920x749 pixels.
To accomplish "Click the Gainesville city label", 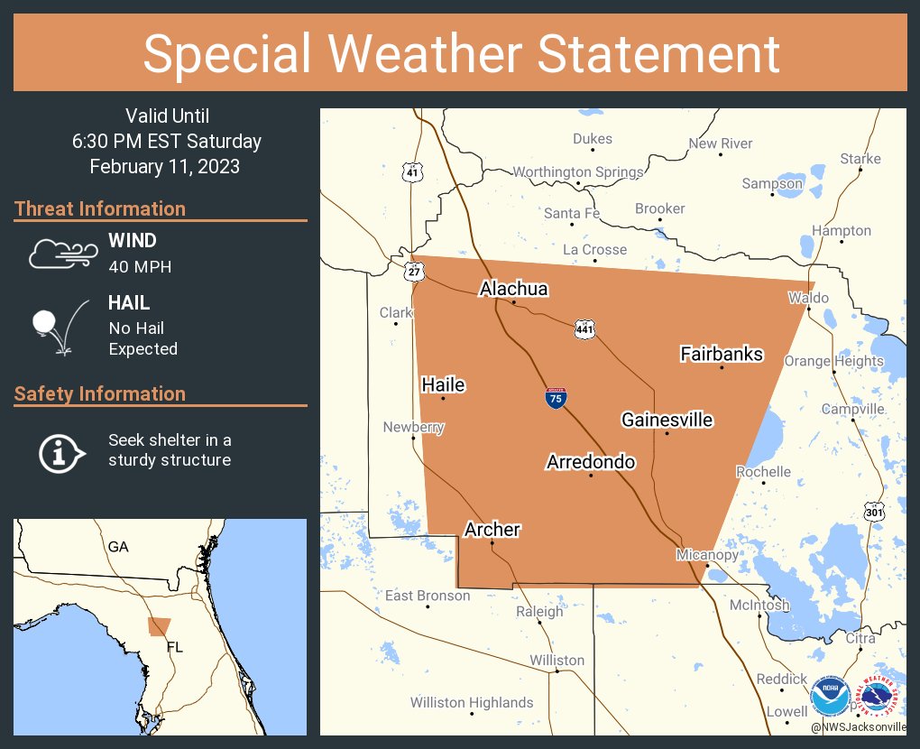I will click(x=667, y=420).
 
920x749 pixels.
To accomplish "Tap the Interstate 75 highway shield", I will click(x=556, y=398).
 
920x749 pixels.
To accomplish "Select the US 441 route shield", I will click(x=584, y=330).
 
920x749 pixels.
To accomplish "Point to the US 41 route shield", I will click(x=411, y=171).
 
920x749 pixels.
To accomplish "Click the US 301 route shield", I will click(x=873, y=512).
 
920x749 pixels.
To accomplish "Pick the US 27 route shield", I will click(x=414, y=272).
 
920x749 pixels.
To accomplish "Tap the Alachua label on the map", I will click(x=513, y=289).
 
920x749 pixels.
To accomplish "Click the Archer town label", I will click(x=492, y=530).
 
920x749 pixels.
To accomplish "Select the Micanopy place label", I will click(x=707, y=554).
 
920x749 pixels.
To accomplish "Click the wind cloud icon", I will click(x=60, y=254).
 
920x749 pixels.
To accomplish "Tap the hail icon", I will click(x=58, y=326).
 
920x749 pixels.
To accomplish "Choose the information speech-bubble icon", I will click(x=60, y=451).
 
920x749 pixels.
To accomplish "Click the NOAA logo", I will click(x=829, y=697).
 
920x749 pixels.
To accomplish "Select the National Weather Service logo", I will click(x=879, y=697).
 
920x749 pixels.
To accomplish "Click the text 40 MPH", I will click(x=140, y=267).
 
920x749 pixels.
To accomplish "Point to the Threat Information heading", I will click(x=100, y=208).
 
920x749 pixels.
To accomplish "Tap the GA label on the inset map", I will click(x=118, y=547).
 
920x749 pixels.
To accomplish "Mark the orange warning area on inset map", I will click(x=160, y=626).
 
